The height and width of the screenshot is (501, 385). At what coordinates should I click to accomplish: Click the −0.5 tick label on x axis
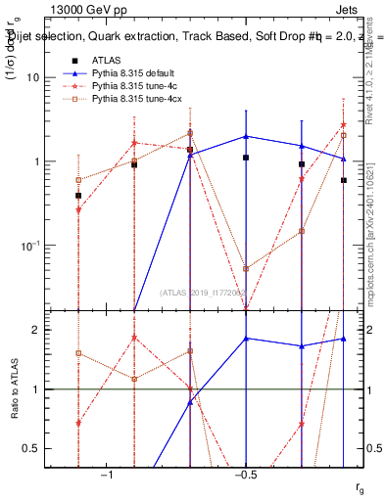(245, 475)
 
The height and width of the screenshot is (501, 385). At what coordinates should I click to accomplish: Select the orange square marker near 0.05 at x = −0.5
(246, 268)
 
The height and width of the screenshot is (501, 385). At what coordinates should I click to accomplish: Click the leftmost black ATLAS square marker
(78, 196)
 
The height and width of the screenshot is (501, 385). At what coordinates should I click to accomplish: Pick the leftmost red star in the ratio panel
(78, 423)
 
